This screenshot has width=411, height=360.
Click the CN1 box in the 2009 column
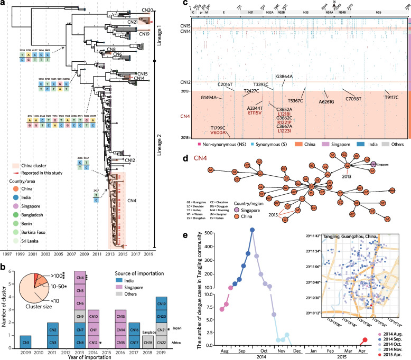pyautogui.click(x=26, y=339)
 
